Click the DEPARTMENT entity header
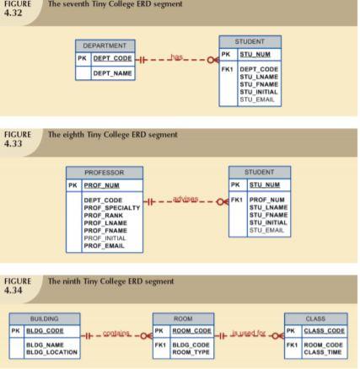[x=105, y=45]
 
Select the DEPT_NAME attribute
[x=112, y=73]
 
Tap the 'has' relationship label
[x=175, y=57]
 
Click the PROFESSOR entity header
[x=104, y=172]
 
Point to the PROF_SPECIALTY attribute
[x=112, y=207]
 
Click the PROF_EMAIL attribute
[x=104, y=245]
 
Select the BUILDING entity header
[x=44, y=319]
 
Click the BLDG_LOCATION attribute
[x=52, y=351]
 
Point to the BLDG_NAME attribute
[x=46, y=345]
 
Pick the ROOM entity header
[x=183, y=319]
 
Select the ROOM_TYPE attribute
[x=191, y=351]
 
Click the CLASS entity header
[x=315, y=319]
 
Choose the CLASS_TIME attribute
[x=323, y=351]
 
